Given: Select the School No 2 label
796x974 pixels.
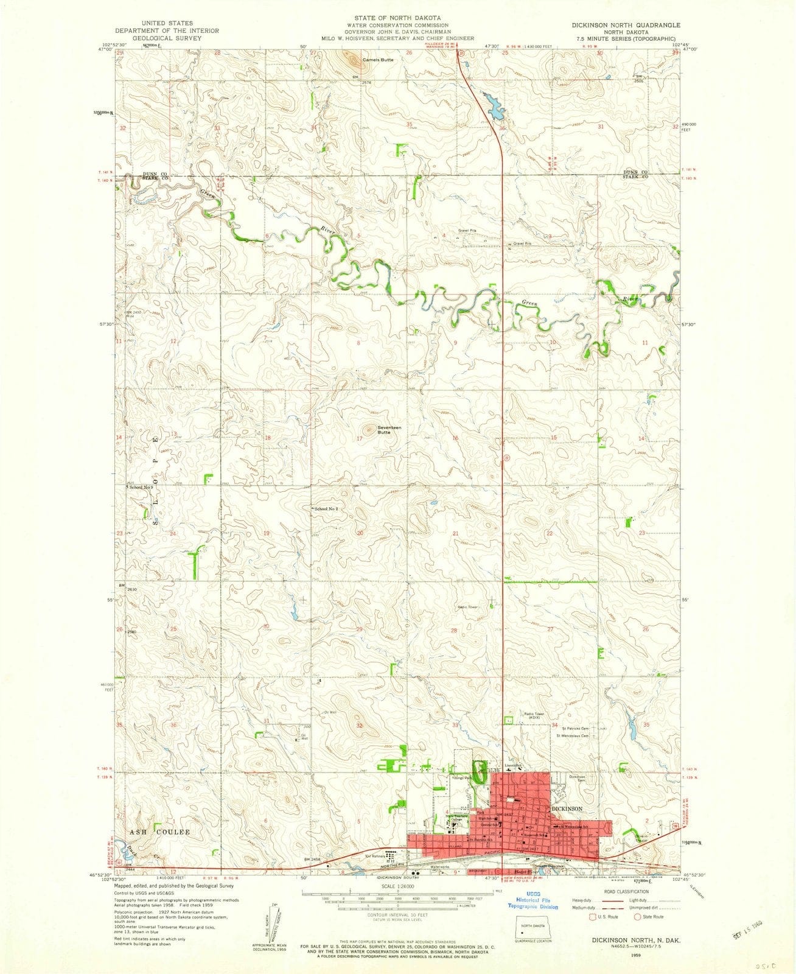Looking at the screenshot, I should pos(326,508).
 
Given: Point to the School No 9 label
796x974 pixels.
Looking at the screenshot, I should pos(141,487).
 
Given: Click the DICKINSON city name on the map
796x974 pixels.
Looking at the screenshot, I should pos(567,808).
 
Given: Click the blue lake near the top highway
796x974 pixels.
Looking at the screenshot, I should pos(494,105).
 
